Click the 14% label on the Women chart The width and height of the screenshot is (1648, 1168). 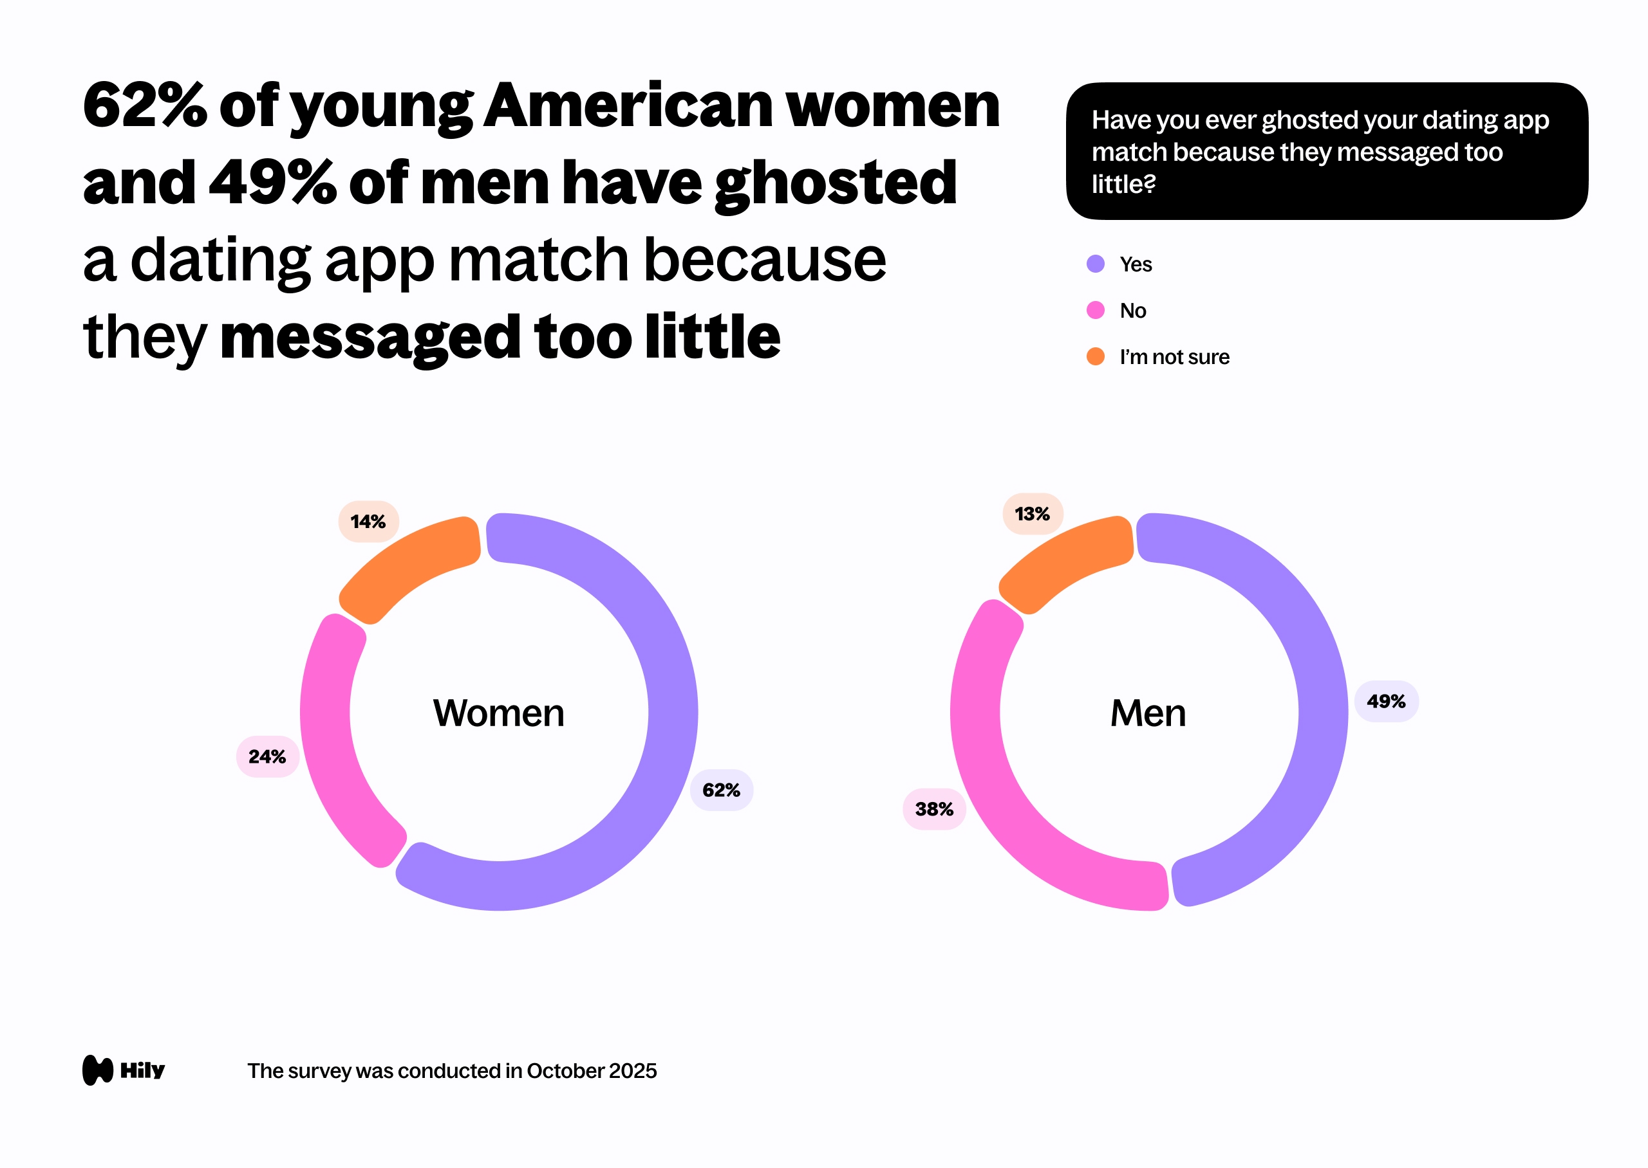368,522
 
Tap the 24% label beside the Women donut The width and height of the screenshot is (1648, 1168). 267,756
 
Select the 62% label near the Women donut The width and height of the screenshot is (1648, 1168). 721,790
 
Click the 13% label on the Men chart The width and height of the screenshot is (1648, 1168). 1032,513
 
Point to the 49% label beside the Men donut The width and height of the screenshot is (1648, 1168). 1386,701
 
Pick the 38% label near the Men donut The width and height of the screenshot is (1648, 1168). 934,809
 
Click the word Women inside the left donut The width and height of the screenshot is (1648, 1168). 499,713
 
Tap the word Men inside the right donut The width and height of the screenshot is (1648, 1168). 1148,713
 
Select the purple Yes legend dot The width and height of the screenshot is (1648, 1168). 1095,264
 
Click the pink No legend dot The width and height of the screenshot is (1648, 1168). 1095,310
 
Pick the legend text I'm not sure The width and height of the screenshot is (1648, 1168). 1174,357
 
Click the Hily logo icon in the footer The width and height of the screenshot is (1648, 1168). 98,1070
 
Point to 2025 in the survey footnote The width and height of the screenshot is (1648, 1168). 632,1071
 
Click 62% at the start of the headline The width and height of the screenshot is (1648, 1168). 145,105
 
